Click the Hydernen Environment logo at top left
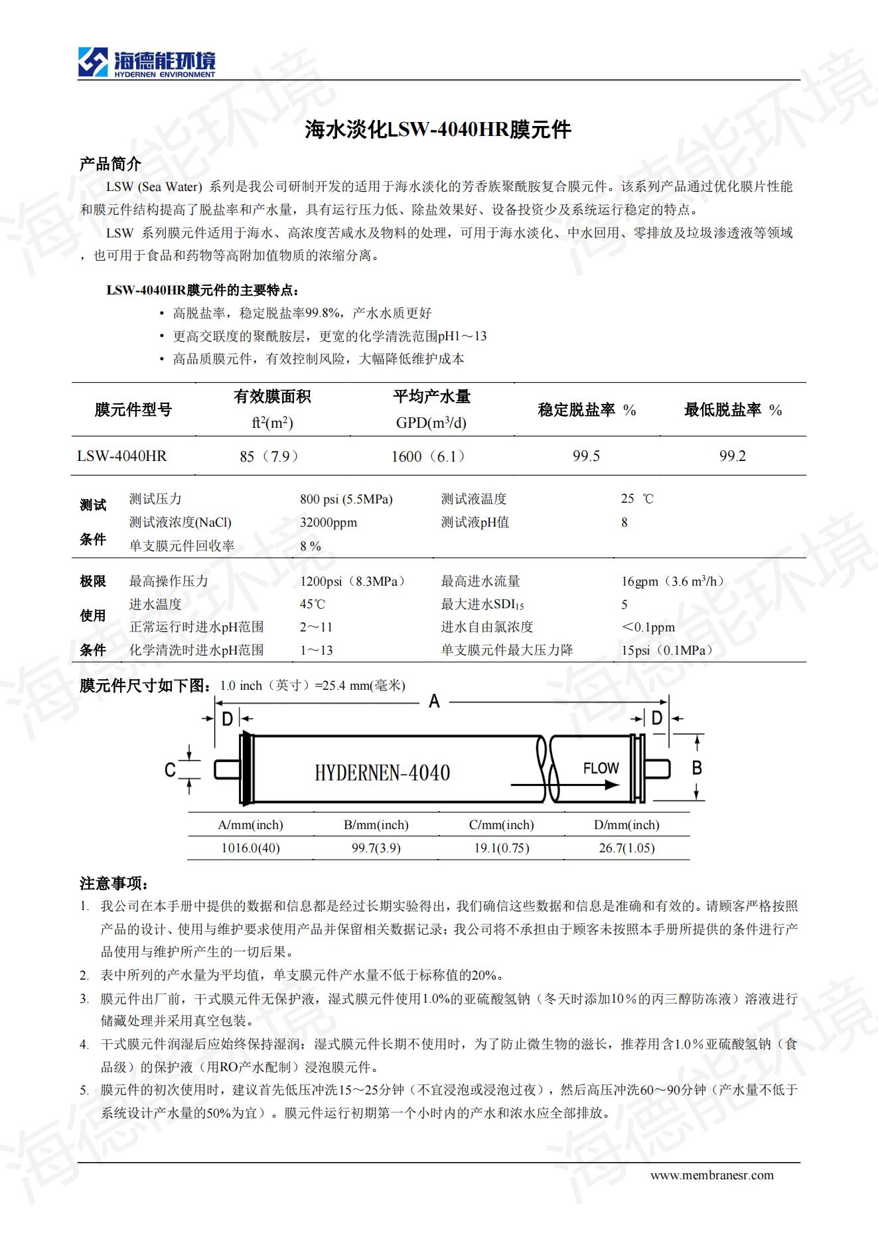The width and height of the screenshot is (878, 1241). tap(146, 62)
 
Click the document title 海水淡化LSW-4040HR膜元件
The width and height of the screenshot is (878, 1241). tap(438, 129)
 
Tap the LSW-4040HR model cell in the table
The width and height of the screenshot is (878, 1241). tap(122, 456)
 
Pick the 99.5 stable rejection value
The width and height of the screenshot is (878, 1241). tap(586, 456)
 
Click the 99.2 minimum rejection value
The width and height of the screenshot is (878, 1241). tap(733, 456)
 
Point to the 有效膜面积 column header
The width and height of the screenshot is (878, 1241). tap(272, 397)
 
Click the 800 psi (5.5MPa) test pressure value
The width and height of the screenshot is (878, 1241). tap(346, 499)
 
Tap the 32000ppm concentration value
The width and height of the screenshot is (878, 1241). tap(329, 523)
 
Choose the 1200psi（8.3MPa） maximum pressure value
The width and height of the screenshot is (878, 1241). tap(352, 582)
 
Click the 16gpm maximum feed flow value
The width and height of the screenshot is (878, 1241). tap(672, 582)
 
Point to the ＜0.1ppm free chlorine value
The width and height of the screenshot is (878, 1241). tap(648, 627)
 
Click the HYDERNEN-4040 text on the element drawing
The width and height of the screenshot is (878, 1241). tap(382, 773)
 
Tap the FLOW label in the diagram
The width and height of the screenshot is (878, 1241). tap(601, 768)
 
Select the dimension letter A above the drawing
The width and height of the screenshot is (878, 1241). tap(434, 701)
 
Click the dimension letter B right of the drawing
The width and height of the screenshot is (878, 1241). tap(697, 767)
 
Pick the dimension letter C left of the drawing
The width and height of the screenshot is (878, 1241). tap(170, 769)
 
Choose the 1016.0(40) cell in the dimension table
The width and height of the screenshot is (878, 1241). tap(250, 848)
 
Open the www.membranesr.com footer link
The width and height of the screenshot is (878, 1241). tap(711, 1175)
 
